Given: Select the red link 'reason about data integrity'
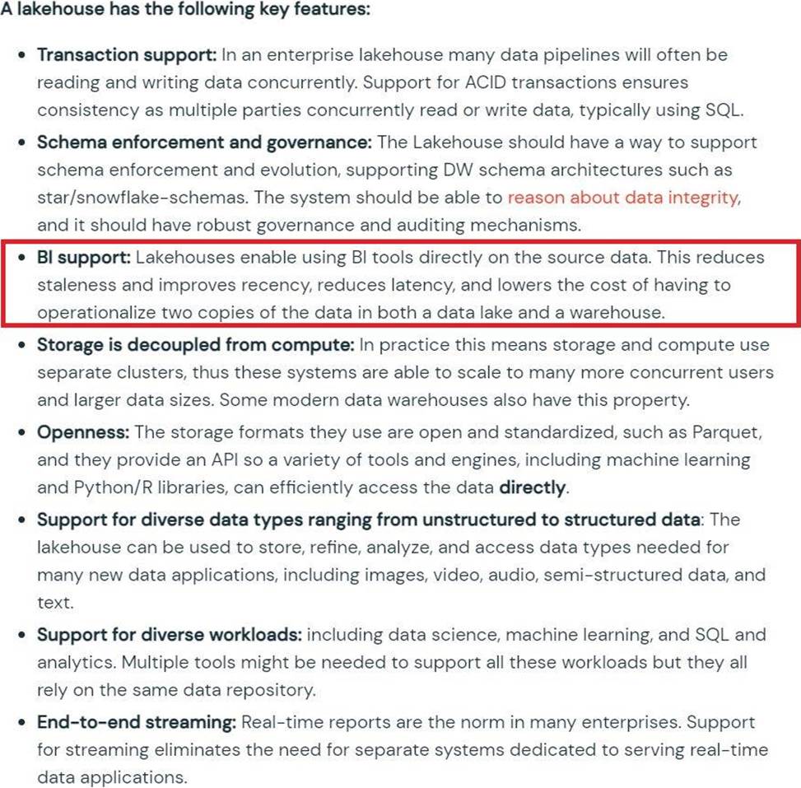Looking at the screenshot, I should point(622,198).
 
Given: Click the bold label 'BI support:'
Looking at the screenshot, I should point(83,258).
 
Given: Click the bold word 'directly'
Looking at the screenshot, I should point(533,487).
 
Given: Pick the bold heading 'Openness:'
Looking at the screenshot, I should point(83,432).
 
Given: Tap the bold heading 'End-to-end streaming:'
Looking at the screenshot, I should point(137,722).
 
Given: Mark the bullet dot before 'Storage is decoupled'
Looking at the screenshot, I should point(23,346).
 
